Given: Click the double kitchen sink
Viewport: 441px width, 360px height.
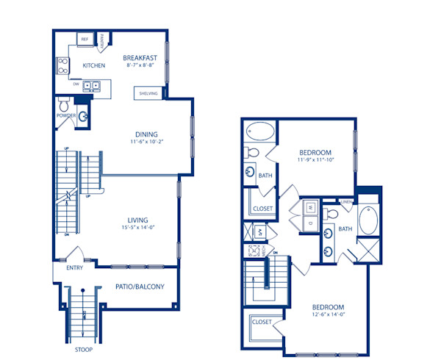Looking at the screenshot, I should [91, 85].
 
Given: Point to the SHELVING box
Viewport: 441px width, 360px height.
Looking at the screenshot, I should [148, 93].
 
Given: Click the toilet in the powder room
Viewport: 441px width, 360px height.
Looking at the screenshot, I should [63, 102].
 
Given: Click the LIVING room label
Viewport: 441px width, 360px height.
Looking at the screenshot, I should [137, 220].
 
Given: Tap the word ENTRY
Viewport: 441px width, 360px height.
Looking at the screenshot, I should [74, 267].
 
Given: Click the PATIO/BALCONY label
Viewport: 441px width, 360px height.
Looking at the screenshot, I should [139, 287].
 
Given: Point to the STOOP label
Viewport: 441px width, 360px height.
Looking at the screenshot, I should [83, 349].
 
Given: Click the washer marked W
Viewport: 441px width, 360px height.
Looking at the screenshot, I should [311, 208].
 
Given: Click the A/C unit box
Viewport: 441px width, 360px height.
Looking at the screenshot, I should [259, 231].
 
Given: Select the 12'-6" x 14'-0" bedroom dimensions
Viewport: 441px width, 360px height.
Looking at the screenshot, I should [329, 315].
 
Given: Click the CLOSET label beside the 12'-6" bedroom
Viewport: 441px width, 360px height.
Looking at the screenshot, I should [261, 322].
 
